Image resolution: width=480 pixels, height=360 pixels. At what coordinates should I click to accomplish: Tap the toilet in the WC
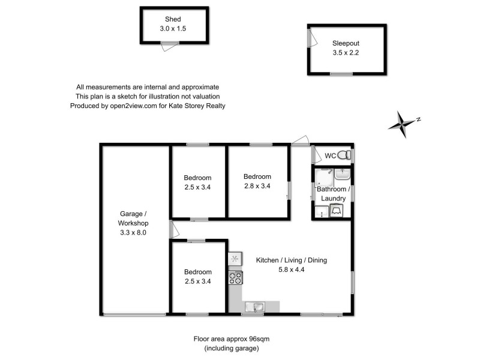tap(343, 155)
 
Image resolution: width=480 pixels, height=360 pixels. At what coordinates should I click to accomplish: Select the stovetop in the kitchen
tap(235, 277)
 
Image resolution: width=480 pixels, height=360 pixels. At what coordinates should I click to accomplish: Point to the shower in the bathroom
tap(325, 177)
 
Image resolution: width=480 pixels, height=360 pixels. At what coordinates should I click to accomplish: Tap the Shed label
tap(174, 19)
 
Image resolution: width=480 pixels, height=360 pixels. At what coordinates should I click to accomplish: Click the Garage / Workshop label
tap(133, 218)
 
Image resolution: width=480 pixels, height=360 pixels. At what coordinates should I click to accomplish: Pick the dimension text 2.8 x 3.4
tap(257, 186)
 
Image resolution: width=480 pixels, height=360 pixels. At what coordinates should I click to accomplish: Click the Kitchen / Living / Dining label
tap(291, 260)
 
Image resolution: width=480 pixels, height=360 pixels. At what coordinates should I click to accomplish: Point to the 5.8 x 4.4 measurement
tap(291, 270)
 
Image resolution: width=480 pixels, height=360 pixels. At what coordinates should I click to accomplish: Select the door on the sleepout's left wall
tap(310, 38)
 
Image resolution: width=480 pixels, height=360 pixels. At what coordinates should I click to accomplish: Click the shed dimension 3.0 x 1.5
tap(174, 28)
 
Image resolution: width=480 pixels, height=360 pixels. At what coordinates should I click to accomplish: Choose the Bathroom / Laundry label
tap(332, 193)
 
